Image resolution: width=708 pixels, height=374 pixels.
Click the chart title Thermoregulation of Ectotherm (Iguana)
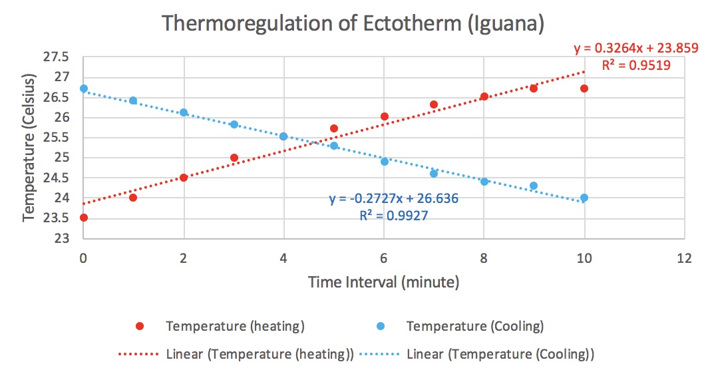pos(353,24)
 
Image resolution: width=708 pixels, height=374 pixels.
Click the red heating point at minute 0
pos(83,218)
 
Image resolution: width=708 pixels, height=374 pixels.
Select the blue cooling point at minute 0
pos(83,89)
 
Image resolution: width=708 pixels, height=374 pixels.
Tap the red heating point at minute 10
pos(584,89)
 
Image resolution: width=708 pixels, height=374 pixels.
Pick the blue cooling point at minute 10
pos(584,198)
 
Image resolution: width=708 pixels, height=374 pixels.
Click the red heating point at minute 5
pos(334,128)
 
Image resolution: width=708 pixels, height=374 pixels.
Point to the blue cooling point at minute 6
pos(385,162)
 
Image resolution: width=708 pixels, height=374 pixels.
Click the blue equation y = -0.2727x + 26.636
pos(394,199)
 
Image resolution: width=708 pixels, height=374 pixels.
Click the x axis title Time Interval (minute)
pos(383,282)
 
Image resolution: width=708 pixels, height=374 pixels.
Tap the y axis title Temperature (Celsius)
pos(29,148)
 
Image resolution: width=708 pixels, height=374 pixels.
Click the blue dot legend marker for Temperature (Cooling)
pos(379,327)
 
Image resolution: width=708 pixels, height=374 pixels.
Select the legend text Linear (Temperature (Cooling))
pos(500,353)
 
